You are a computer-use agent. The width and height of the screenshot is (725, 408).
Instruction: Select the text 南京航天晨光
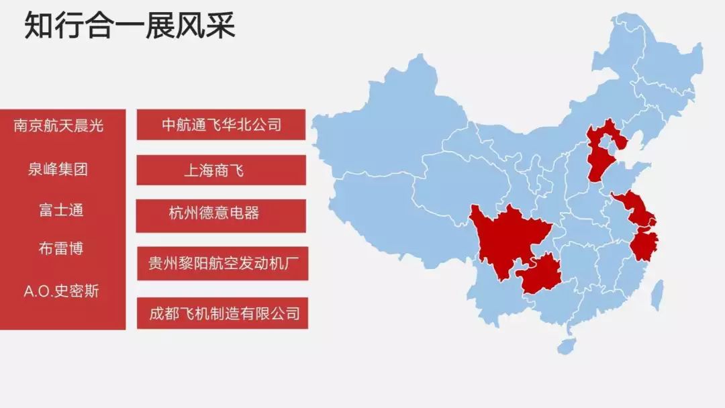[x=59, y=125]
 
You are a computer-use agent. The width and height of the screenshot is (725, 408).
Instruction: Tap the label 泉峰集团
[x=58, y=169]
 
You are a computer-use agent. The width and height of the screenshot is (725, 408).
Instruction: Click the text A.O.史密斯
[x=61, y=292]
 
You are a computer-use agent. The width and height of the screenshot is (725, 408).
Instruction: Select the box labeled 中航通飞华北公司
[x=221, y=125]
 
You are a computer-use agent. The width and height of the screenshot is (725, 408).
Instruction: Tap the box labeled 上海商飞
[x=221, y=170]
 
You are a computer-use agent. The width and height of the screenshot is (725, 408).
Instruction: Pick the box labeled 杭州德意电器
[x=221, y=215]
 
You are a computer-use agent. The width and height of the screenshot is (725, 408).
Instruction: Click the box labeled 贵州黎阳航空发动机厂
[x=222, y=263]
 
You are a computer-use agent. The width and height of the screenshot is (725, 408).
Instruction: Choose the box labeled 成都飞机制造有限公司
[x=222, y=313]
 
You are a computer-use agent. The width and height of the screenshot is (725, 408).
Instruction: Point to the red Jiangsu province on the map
[x=634, y=208]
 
